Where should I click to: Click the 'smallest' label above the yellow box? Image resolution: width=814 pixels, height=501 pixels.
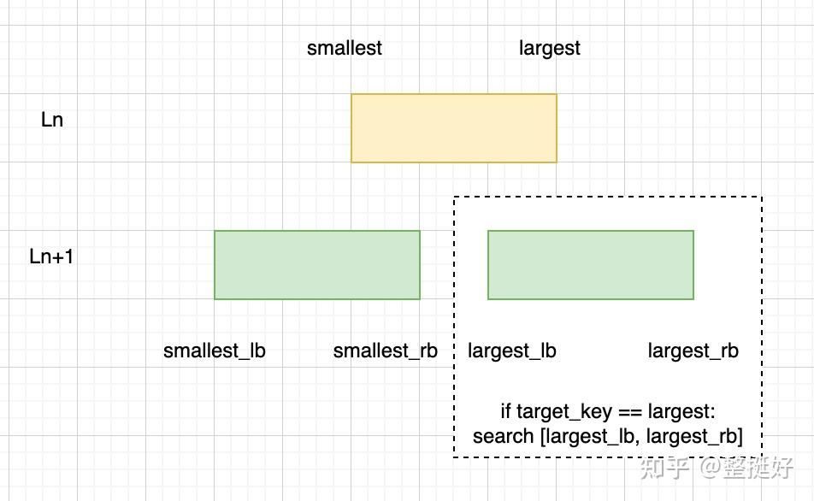click(345, 48)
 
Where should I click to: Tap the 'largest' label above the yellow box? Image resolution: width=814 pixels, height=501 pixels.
click(549, 48)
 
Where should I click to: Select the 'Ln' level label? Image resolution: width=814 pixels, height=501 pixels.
click(52, 120)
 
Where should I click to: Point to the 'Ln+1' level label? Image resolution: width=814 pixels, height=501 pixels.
click(51, 256)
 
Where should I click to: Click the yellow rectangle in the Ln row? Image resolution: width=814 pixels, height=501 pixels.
click(454, 128)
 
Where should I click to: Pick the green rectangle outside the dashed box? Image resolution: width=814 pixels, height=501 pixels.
click(317, 265)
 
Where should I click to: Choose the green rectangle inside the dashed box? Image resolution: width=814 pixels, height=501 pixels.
click(591, 265)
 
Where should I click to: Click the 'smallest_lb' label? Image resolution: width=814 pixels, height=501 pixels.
click(215, 351)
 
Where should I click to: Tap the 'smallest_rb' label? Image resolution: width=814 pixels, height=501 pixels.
click(385, 351)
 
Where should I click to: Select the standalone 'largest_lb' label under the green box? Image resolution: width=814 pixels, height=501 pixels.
click(512, 351)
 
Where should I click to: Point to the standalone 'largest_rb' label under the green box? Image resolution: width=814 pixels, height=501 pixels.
click(693, 351)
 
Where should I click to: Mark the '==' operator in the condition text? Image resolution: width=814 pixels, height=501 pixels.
click(630, 413)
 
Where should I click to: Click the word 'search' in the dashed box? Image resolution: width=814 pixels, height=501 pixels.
click(503, 436)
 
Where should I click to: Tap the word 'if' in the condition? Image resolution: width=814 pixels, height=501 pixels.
click(505, 411)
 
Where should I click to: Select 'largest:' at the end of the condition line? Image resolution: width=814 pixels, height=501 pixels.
click(681, 412)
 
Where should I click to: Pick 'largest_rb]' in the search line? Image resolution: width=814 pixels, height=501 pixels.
click(694, 437)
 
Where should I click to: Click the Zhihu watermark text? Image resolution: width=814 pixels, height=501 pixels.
click(717, 468)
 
